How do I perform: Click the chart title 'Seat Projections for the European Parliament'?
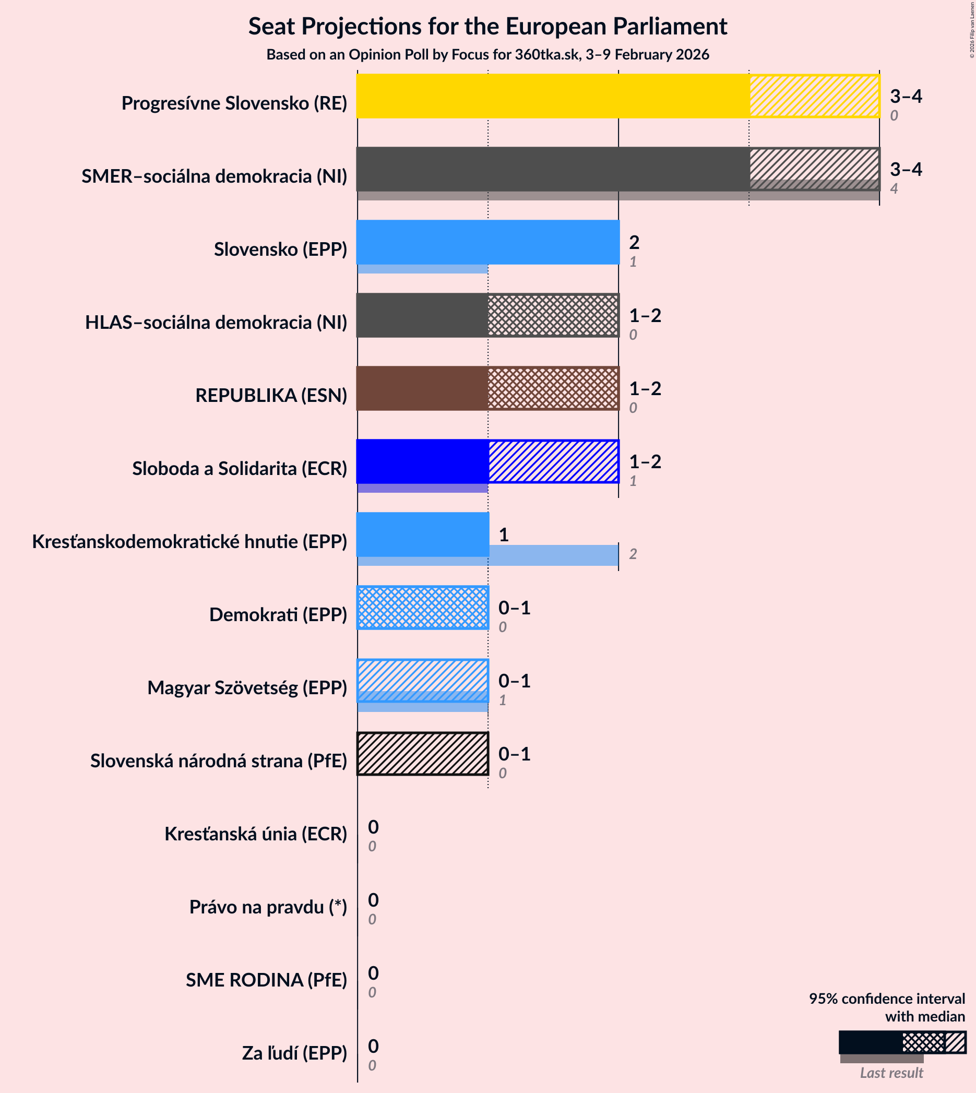pos(487,26)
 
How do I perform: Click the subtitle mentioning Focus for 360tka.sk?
pos(487,55)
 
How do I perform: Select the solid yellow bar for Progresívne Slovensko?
pos(552,96)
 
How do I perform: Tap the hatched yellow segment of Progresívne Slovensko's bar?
pos(814,96)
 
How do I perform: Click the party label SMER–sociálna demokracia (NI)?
pos(214,176)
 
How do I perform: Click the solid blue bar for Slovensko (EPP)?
pos(487,242)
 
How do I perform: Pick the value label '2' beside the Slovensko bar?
pos(634,242)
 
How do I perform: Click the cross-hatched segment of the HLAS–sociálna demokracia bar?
pos(553,315)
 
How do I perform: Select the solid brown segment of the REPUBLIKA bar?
pos(422,388)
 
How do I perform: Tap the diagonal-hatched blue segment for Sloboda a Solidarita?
pos(553,461)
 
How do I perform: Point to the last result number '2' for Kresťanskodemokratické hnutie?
pos(633,554)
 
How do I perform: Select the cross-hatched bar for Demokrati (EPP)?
pos(423,608)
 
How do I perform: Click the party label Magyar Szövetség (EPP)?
pos(247,687)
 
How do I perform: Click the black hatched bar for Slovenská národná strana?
pos(423,754)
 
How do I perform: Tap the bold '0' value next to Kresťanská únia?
pos(373,827)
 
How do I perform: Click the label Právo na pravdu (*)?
pos(268,907)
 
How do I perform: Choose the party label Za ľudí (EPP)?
pos(294,1053)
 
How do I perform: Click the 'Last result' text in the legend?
pos(891,1073)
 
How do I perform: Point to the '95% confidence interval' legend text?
pos(886,999)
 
